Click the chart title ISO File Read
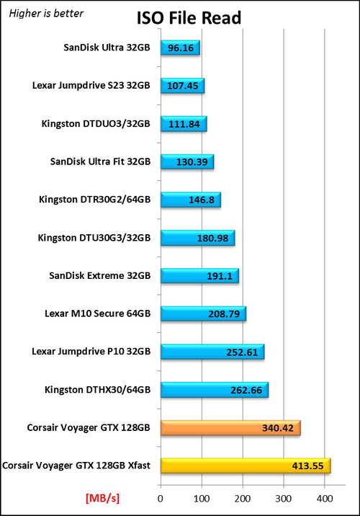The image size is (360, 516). point(189,18)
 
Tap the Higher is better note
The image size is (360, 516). point(46,14)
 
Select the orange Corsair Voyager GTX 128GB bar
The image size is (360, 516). point(230,428)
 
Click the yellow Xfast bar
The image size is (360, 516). point(246,466)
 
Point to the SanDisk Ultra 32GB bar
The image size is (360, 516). point(180,48)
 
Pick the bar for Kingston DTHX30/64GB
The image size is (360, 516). point(215,390)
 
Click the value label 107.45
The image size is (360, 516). point(183,86)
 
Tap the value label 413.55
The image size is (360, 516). point(307,466)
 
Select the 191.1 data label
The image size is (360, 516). point(220,276)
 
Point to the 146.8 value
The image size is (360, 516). point(202,200)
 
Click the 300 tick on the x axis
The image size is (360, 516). point(284,499)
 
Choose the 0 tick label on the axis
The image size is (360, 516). point(161,499)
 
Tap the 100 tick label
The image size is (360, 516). point(202,499)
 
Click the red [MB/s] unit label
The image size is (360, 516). point(102,498)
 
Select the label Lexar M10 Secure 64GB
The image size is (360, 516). point(98,313)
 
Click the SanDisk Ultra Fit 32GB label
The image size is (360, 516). point(100,161)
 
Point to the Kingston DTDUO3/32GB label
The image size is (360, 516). point(96,124)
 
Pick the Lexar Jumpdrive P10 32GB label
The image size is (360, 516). point(91,352)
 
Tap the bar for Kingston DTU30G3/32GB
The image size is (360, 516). point(197,238)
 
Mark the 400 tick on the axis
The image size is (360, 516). point(325,499)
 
